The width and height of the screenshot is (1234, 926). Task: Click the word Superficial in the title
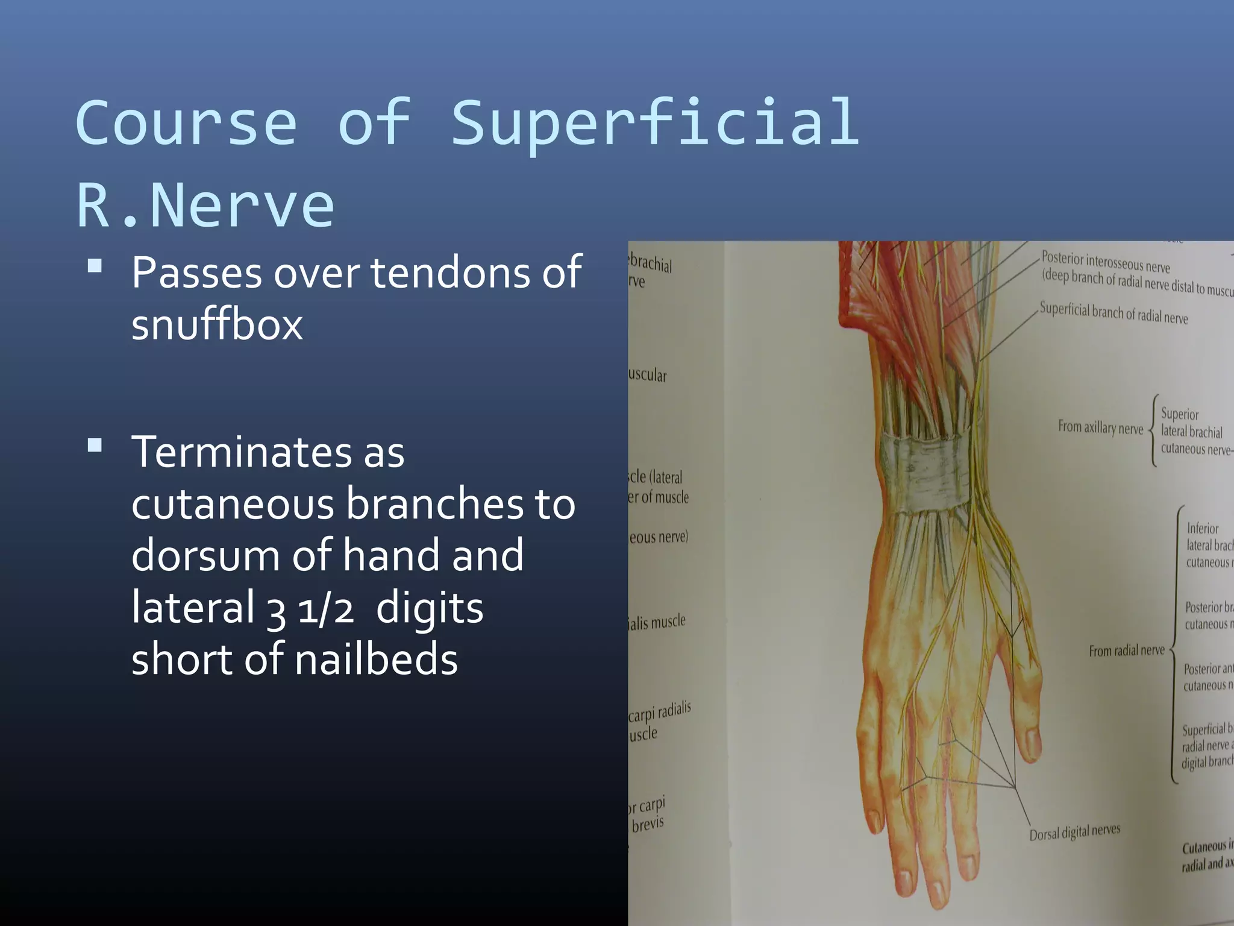[655, 124]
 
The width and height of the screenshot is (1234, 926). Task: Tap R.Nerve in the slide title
[205, 206]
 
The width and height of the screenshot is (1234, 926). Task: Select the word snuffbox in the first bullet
[217, 325]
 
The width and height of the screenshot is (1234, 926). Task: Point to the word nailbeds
[376, 660]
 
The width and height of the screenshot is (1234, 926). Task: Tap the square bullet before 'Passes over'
[95, 266]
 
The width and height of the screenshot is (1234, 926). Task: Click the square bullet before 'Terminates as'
[95, 446]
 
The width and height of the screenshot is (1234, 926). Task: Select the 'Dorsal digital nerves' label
[1074, 832]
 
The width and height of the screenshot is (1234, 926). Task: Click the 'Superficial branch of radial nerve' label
[1113, 313]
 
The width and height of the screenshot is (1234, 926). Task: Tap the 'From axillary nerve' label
[1100, 427]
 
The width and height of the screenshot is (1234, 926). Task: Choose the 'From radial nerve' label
[1126, 650]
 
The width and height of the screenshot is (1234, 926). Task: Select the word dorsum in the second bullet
[205, 556]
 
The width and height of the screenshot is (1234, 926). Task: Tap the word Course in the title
[186, 124]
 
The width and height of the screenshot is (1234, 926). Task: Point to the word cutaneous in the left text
[233, 505]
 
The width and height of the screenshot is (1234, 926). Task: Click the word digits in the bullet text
[430, 608]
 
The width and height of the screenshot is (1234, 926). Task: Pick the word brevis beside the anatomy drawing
[647, 824]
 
